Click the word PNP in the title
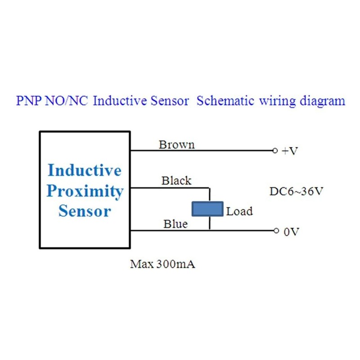coord(30,100)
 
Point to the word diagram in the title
coord(319,100)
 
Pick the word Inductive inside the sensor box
coord(84,171)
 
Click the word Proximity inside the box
coord(85,191)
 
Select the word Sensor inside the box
coord(85,211)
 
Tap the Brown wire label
coord(176,144)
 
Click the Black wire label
coord(176,181)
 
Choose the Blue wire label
coord(175,224)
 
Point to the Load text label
coord(239,211)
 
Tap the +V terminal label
coord(290,152)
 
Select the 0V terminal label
coord(291,232)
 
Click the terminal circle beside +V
coord(275,151)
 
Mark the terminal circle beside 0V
coord(276,231)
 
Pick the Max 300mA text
coord(162,264)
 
